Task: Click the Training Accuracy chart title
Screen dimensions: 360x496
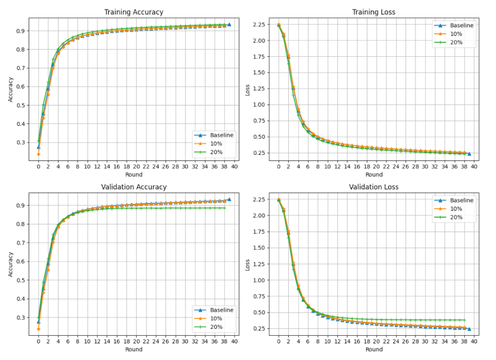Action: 134,12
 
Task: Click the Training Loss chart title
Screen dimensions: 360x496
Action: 374,12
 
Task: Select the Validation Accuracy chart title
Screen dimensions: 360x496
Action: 134,187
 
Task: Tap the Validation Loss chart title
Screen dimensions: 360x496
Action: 374,187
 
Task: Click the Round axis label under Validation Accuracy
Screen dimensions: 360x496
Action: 134,349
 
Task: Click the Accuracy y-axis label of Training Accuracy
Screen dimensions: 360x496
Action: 10,90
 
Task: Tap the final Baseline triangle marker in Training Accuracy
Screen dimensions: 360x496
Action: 229,24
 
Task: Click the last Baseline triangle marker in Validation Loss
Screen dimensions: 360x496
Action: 469,329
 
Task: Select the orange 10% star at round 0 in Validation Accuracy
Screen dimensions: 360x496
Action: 38,329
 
